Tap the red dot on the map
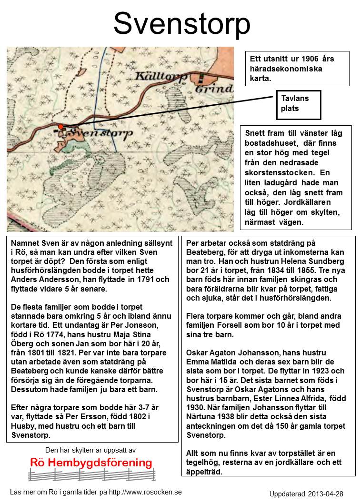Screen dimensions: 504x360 coord(61,126)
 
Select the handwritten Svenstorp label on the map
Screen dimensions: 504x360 coord(97,134)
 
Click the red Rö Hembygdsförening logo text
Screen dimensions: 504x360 coord(91,463)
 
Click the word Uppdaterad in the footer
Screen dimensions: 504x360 coord(288,494)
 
